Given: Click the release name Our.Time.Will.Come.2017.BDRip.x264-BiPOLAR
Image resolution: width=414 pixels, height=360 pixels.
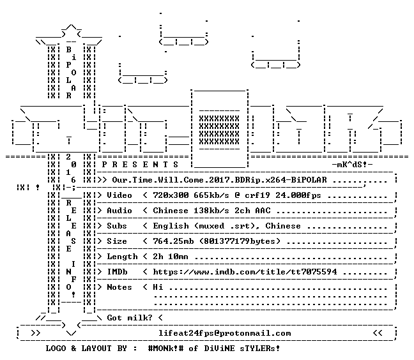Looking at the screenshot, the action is [219, 180].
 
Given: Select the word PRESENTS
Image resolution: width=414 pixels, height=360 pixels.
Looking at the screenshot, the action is [140, 165].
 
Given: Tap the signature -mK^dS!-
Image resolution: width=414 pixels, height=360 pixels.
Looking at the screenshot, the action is [353, 165].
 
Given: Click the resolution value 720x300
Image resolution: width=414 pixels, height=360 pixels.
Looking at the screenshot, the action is [171, 195].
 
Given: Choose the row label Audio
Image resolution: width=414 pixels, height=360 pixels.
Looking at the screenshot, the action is [119, 211].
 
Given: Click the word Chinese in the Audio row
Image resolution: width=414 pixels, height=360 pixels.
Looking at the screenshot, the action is [171, 211].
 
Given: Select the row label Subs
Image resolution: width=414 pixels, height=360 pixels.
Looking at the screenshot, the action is [117, 226].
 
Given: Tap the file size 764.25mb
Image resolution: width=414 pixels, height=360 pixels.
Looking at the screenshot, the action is [173, 241].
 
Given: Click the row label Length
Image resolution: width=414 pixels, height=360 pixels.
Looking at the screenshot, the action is [122, 257].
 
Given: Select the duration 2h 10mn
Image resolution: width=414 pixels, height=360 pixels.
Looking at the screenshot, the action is [171, 257].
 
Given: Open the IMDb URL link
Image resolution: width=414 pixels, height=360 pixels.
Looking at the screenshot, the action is [245, 272].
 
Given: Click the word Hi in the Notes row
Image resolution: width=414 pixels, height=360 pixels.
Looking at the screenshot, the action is [158, 287].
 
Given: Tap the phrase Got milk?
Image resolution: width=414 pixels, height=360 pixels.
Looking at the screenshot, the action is [130, 317].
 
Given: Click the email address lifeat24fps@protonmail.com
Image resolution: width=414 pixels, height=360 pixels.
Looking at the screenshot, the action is [224, 333].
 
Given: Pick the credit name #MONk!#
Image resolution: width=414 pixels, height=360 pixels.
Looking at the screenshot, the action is [165, 348].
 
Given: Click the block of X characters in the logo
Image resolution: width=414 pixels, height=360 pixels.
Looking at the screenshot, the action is [219, 130].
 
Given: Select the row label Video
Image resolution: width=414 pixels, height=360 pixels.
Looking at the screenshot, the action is [119, 195].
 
